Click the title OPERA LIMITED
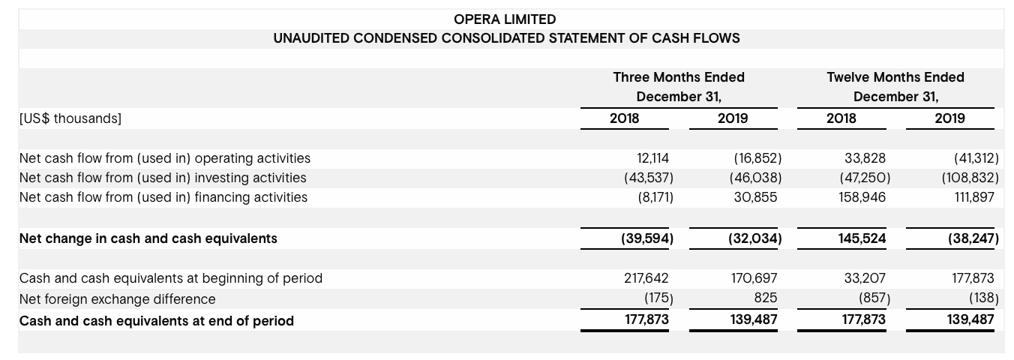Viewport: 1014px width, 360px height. click(505, 19)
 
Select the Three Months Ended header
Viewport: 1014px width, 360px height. click(679, 77)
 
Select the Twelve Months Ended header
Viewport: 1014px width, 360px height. click(895, 77)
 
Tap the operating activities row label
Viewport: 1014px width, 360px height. click(165, 158)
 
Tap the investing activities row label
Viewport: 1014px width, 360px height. click(163, 178)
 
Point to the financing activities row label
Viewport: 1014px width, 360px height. click(163, 197)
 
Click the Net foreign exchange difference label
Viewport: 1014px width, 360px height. click(117, 299)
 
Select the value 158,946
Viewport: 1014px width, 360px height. click(864, 197)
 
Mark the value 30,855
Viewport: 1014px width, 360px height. click(757, 197)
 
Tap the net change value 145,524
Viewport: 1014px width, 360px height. click(864, 238)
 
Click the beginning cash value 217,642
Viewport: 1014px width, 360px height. click(646, 278)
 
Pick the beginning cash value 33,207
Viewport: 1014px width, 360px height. click(865, 278)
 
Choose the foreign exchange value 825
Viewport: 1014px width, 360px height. click(765, 298)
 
